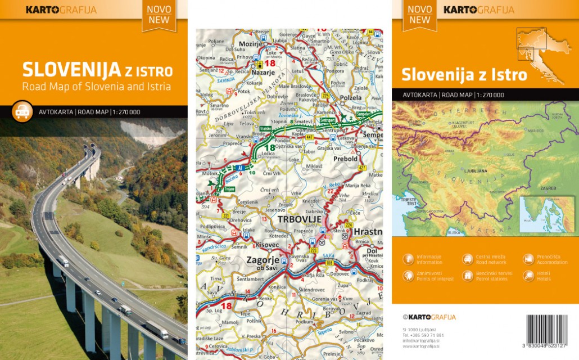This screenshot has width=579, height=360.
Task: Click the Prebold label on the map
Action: click(x=345, y=159)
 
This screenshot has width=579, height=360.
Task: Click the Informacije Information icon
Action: click(x=408, y=259)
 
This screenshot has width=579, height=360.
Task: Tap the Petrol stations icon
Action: click(x=467, y=276)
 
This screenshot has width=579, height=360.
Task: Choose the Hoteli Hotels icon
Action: click(x=528, y=276)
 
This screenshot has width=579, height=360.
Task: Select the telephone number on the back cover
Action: click(x=423, y=335)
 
